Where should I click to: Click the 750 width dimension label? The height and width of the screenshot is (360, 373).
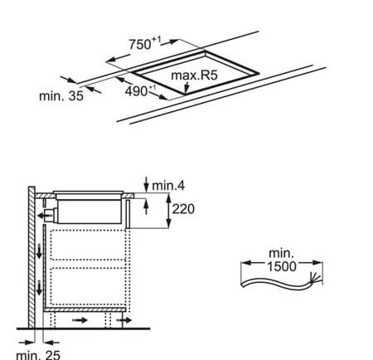(x=145, y=44)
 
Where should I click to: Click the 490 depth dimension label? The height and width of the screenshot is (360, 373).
(x=140, y=91)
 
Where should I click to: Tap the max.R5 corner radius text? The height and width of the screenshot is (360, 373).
(x=195, y=75)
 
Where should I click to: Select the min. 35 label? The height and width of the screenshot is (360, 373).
(x=61, y=96)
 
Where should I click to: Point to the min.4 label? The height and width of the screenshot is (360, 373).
(x=168, y=186)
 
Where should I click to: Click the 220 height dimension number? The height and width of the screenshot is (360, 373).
(x=183, y=209)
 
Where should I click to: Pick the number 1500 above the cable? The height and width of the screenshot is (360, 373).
(x=282, y=266)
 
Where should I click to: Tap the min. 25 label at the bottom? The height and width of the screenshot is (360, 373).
(x=38, y=355)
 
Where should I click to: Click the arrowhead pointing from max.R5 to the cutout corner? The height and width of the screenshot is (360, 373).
(x=186, y=89)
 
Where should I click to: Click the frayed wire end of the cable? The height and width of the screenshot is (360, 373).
(x=315, y=277)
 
